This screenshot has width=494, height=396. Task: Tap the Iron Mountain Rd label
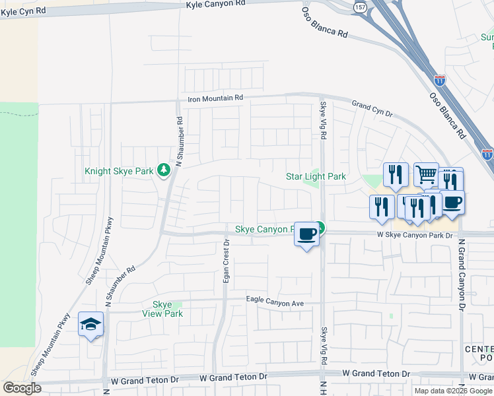[215, 98]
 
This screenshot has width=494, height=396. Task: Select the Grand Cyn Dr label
[371, 106]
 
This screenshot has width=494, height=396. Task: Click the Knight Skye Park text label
[120, 171]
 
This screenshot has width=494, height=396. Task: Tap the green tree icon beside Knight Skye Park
[163, 171]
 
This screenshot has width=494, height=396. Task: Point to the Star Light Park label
[316, 177]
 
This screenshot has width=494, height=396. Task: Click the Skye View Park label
[162, 309]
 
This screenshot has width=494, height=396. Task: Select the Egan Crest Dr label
[227, 261]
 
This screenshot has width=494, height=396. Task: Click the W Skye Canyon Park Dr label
[415, 235]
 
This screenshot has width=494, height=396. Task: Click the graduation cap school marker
[90, 324]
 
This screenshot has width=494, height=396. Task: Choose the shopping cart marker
[426, 175]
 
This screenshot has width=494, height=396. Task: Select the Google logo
[22, 388]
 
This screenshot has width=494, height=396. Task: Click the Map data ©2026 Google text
[453, 391]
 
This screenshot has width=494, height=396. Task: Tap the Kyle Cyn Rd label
[24, 12]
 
